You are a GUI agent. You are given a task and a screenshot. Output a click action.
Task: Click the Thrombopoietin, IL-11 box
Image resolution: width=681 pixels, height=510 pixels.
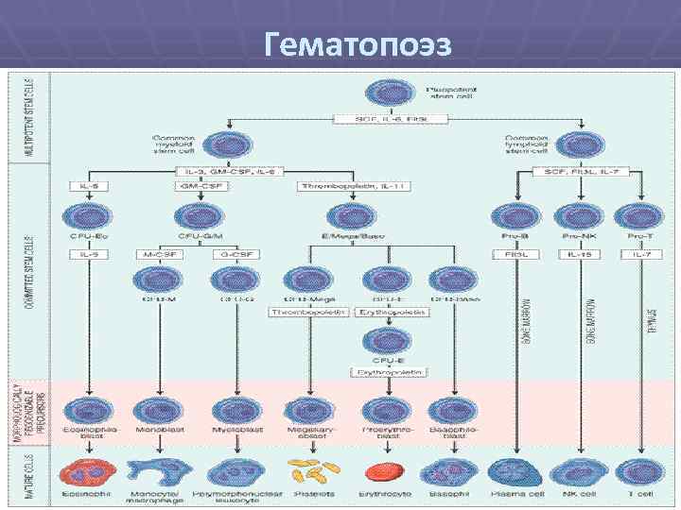click(340, 186)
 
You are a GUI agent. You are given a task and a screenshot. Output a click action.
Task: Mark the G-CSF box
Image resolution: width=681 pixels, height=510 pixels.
click(227, 254)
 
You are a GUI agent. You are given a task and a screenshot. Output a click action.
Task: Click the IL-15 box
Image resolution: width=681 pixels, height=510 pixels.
click(576, 254)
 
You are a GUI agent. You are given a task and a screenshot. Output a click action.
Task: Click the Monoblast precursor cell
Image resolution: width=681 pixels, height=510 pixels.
click(154, 412)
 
